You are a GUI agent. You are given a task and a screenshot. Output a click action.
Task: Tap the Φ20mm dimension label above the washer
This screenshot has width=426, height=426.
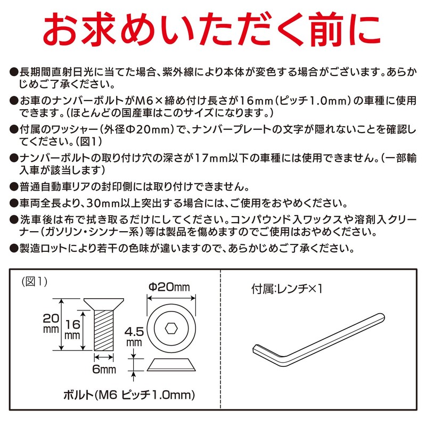(169, 288)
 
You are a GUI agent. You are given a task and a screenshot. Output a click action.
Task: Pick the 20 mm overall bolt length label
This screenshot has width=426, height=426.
(51, 323)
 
